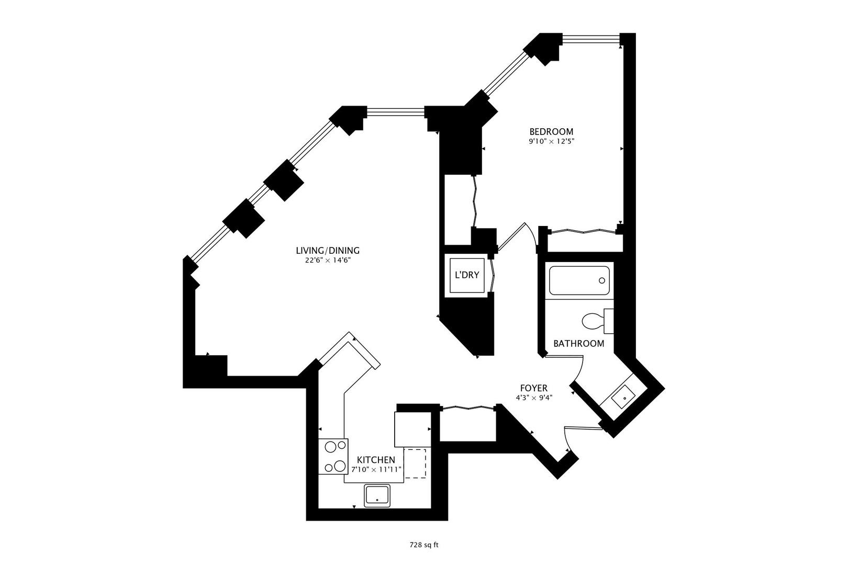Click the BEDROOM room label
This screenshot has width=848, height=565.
tap(551, 131)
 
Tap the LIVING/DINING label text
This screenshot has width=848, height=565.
tap(328, 251)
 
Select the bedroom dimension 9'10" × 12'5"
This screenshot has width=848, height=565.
tap(551, 141)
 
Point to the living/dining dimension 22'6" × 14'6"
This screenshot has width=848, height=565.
tap(328, 261)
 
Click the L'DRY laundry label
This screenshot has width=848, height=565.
tap(467, 275)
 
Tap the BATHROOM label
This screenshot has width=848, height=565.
tap(578, 344)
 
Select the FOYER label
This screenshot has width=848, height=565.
tap(533, 388)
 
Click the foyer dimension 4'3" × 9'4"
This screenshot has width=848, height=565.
tap(533, 398)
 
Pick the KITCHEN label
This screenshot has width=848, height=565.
tap(376, 460)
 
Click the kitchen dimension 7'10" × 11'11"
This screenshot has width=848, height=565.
tap(376, 469)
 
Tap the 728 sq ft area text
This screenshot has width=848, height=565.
tap(424, 545)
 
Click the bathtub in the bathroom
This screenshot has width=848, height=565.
tap(579, 280)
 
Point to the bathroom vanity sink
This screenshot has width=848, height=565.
tap(624, 398)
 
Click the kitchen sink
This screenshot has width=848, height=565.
tap(377, 494)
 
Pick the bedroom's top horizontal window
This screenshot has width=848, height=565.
tap(591, 37)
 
